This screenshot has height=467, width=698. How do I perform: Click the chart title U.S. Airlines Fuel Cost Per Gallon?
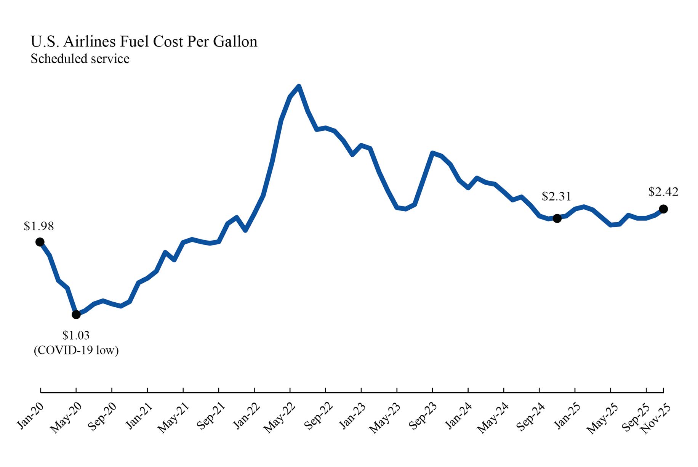144,42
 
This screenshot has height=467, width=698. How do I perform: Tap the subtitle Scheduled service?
80,59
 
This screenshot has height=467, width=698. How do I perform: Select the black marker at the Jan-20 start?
40,242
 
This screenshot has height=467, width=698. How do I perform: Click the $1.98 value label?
39,226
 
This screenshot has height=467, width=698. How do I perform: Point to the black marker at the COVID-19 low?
76,315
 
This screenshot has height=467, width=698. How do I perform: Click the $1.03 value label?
76,335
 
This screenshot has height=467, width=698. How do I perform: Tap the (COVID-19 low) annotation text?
76,350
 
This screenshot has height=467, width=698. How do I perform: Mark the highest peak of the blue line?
299,87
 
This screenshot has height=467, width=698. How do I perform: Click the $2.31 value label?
556,197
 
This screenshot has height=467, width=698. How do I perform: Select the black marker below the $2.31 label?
557,218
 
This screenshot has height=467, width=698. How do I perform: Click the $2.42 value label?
663,192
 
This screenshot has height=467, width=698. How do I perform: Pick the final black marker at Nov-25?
663,209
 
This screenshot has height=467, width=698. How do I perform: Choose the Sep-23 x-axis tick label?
423,416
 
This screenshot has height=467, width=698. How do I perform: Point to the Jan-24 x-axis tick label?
459,416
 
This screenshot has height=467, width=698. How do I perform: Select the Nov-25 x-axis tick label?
655,419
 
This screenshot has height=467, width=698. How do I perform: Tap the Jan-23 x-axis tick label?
352,416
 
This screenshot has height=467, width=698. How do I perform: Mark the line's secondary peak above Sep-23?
432,153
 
